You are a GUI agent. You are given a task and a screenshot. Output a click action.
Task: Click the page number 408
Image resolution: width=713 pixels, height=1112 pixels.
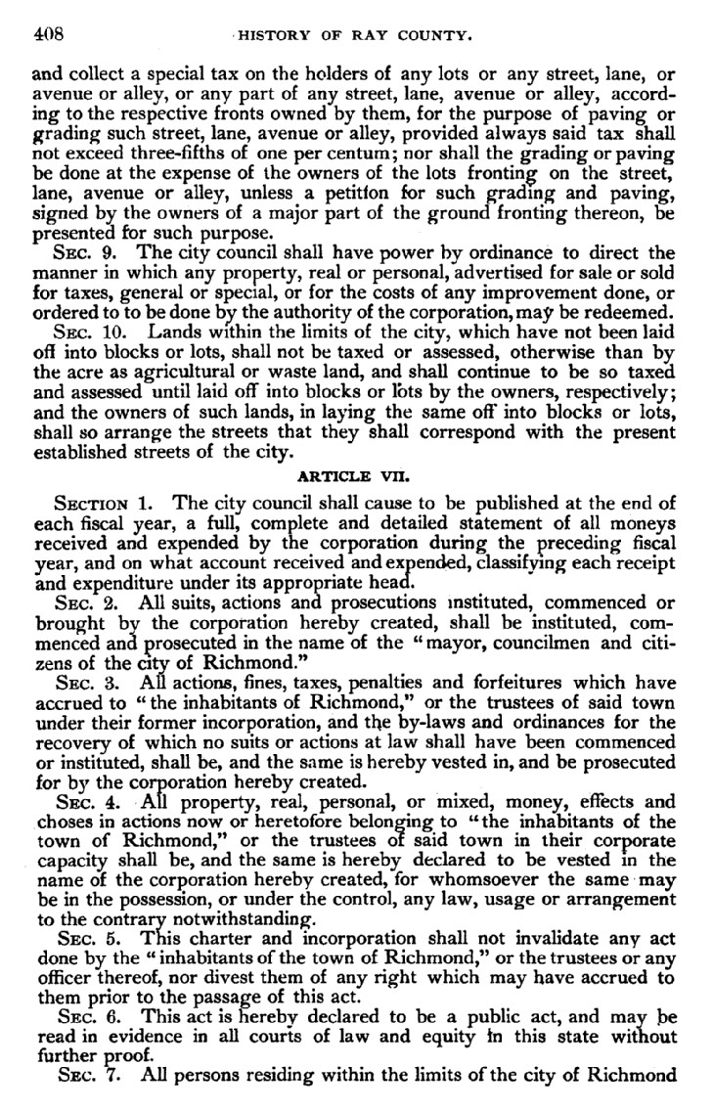[47, 35]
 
